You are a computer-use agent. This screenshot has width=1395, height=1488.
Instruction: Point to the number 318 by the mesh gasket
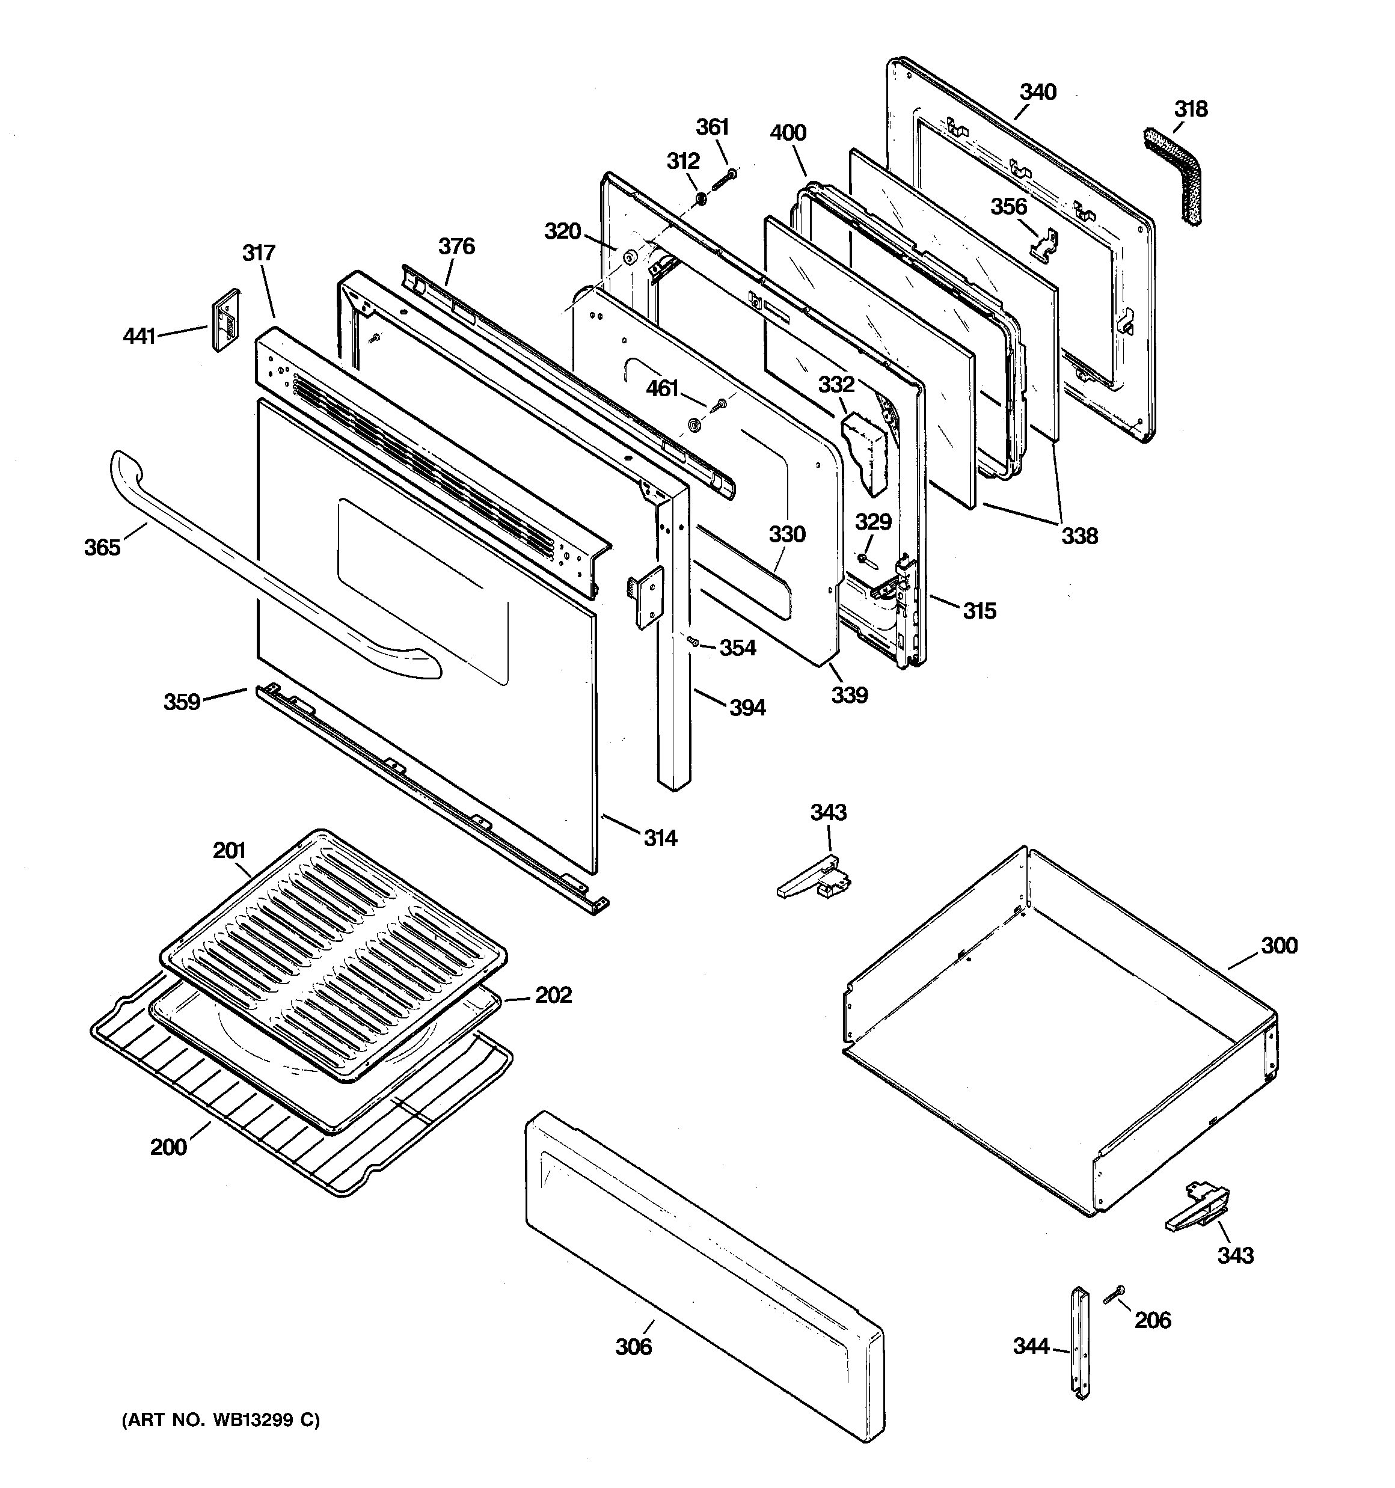[1190, 109]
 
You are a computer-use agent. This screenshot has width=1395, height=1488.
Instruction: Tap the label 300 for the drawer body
[1279, 945]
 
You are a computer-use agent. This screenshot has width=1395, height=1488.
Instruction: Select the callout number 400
[788, 133]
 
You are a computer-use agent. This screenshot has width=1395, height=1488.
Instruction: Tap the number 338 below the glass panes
[1079, 535]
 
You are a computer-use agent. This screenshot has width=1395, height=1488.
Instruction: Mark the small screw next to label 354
[694, 641]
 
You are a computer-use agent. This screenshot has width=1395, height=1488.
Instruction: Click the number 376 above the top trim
[456, 246]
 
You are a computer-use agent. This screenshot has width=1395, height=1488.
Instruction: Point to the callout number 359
[182, 702]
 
